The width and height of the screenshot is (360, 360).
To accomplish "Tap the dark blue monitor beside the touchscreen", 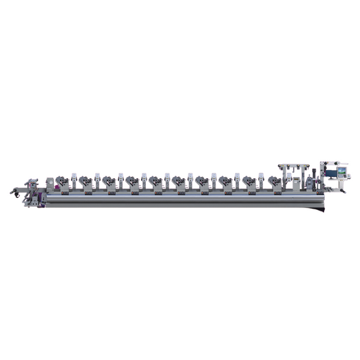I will [x=331, y=173].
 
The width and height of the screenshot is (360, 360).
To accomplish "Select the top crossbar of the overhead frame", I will [x=294, y=165].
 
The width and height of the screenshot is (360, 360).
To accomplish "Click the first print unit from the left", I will [x=63, y=182].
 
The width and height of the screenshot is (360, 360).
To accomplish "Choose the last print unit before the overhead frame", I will [x=274, y=182].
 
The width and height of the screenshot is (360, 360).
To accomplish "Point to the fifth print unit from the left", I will [x=156, y=182].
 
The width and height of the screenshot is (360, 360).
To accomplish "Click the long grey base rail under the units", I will [x=182, y=201].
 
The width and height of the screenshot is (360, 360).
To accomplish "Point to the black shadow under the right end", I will [x=317, y=208].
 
